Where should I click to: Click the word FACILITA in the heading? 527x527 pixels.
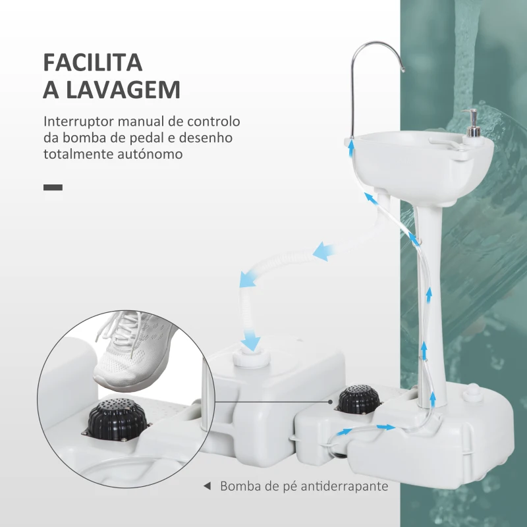93,63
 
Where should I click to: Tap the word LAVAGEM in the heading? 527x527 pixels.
123,90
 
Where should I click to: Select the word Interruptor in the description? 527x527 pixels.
78,121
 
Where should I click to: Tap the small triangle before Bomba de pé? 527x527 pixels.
207,486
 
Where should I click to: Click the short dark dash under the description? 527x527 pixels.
53,187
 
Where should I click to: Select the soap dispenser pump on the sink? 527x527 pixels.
472,123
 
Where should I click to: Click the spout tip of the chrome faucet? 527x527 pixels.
402,70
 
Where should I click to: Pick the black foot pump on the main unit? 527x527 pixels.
358,400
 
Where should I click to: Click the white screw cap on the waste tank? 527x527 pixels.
252,358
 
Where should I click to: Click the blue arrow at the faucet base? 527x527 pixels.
351,148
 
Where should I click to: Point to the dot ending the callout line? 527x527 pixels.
331,402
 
